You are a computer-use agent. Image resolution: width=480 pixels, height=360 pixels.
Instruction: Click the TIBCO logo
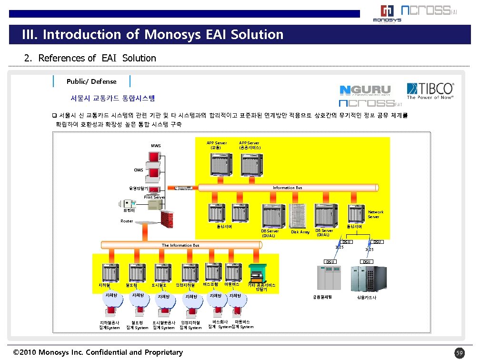(430, 91)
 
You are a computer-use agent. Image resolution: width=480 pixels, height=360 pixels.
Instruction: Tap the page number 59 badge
(459, 353)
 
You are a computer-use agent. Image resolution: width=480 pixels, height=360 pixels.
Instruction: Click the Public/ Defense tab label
(91, 81)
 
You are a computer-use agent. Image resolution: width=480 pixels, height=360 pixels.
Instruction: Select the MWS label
(156, 146)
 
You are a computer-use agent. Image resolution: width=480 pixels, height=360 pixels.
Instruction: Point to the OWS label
(138, 170)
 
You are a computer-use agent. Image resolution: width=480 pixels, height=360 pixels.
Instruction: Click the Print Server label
(154, 197)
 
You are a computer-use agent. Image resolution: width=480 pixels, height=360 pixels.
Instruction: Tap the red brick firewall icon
(168, 219)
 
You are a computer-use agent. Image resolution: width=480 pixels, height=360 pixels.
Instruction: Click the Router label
(127, 221)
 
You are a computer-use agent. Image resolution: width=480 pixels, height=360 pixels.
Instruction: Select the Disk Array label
(300, 232)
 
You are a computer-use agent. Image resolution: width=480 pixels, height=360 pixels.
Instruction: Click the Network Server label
(375, 214)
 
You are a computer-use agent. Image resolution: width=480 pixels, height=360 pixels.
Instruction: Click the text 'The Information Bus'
(180, 245)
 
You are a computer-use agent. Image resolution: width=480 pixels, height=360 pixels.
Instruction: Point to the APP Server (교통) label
(216, 145)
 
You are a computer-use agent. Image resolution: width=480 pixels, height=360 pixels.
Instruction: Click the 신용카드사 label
(366, 298)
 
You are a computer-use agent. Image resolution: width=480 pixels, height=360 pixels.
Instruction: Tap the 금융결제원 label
(322, 297)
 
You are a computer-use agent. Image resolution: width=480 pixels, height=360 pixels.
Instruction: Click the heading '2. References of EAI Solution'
(90, 58)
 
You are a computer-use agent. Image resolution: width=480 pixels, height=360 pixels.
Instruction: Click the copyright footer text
(98, 352)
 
